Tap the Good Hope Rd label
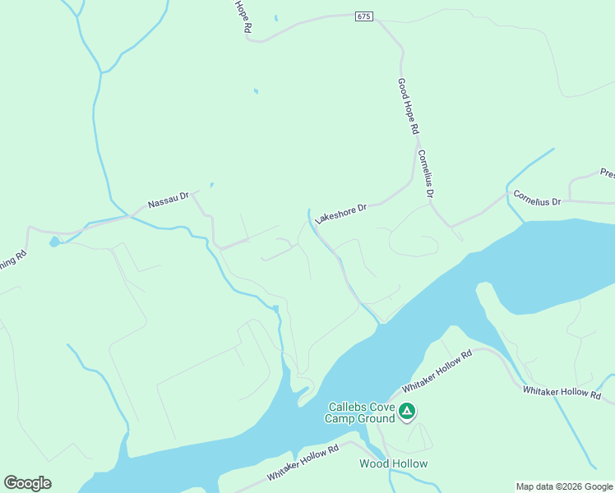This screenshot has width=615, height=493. (x=409, y=106)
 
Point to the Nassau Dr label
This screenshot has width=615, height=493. (x=169, y=200)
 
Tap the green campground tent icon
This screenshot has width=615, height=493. (x=406, y=412)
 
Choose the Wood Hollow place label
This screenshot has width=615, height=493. (x=393, y=463)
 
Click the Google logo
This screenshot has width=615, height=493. (x=27, y=483)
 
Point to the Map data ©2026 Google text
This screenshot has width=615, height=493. (x=564, y=486)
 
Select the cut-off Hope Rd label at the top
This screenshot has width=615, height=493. (x=242, y=16)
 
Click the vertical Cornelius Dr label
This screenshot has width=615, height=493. (x=424, y=174)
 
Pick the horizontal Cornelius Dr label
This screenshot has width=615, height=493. (x=537, y=199)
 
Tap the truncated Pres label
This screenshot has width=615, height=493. (x=607, y=173)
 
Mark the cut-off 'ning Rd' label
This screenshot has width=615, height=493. (x=12, y=267)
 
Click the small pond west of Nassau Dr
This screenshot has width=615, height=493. (x=54, y=242)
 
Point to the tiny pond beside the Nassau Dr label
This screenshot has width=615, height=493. (x=211, y=185)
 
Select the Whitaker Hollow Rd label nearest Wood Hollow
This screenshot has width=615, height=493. (x=303, y=464)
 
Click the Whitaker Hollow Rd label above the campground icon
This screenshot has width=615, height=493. (x=437, y=371)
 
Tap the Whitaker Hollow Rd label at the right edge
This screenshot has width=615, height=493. (x=562, y=392)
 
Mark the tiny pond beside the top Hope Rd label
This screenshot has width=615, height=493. (x=275, y=18)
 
